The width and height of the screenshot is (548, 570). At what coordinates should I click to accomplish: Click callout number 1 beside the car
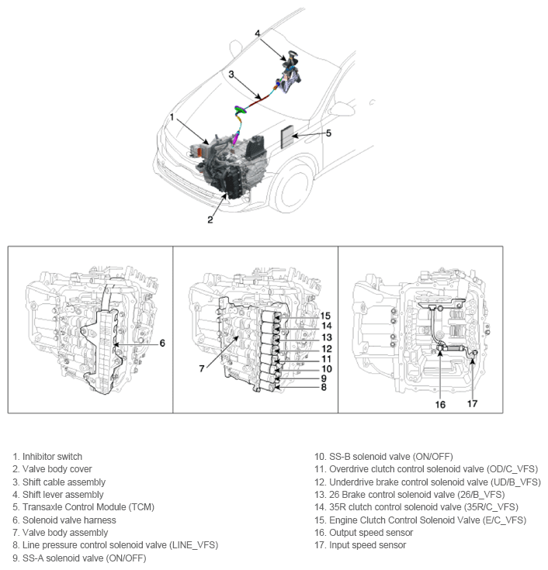[x=172, y=117]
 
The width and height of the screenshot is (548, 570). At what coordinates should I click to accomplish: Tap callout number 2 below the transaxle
[x=210, y=219]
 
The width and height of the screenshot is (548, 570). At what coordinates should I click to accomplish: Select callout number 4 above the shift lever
[x=257, y=33]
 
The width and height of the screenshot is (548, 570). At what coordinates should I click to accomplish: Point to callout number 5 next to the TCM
[x=328, y=133]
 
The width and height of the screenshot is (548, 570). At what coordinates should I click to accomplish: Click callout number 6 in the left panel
[x=161, y=342]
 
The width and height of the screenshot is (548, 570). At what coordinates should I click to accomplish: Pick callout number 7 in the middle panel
[x=202, y=368]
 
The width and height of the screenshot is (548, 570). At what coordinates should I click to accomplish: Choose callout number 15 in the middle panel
[x=326, y=316]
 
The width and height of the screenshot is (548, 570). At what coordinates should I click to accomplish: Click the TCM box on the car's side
[x=288, y=137]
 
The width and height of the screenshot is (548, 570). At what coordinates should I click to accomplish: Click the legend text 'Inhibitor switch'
[x=52, y=457]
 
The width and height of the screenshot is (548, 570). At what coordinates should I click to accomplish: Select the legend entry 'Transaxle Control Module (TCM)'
[x=88, y=507]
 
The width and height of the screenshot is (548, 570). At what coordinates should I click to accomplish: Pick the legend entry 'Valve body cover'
[x=57, y=469]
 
